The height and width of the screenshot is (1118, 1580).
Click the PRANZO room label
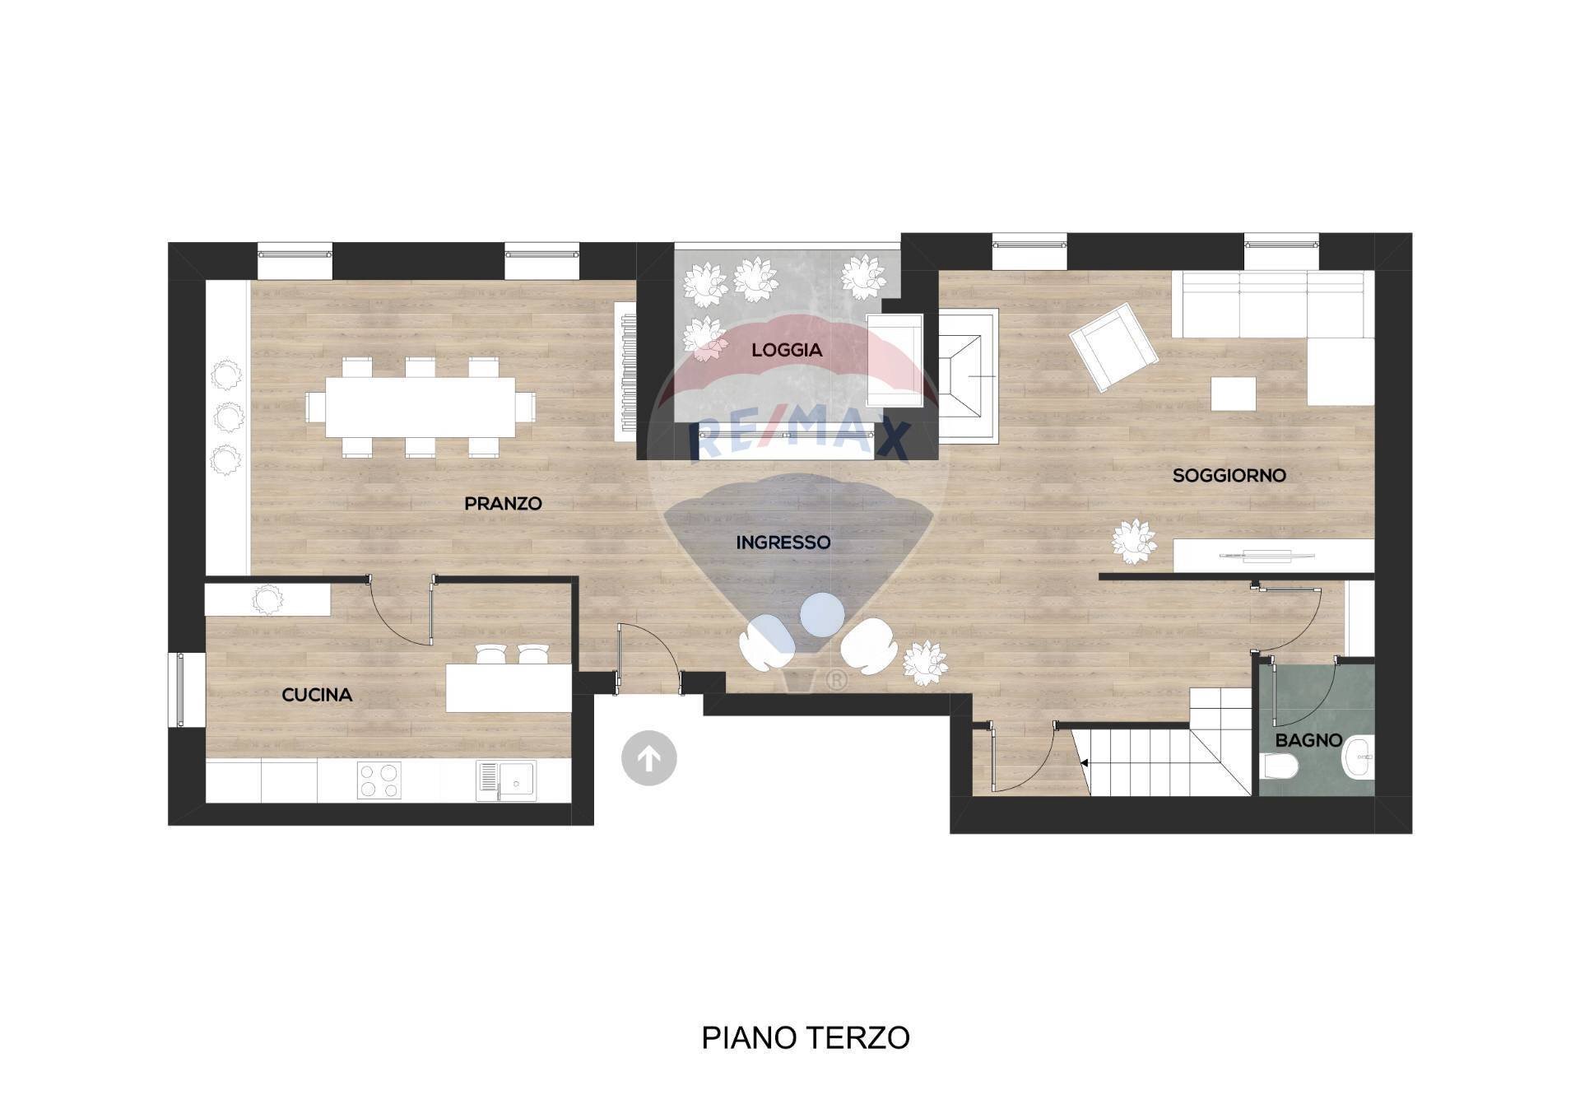tap(503, 503)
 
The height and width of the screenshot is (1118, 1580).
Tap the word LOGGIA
tap(787, 350)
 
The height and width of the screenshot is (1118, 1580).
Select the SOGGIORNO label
tap(1229, 475)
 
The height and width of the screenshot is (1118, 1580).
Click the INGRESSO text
tap(783, 543)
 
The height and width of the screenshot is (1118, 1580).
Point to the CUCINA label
tap(317, 695)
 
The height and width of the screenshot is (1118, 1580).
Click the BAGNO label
tap(1308, 740)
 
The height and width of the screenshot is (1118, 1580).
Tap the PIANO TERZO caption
tap(805, 1037)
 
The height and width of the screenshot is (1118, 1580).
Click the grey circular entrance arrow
tap(648, 757)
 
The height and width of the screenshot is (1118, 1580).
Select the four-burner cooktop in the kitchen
tap(379, 780)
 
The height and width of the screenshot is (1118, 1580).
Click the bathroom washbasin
tap(1358, 758)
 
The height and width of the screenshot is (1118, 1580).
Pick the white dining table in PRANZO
tap(420, 407)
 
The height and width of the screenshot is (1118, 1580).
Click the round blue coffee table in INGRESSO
tap(821, 614)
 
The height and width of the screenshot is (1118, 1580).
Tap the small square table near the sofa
tap(1233, 394)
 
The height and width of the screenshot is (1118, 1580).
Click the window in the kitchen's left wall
tap(176, 690)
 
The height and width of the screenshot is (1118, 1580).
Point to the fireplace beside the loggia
tap(969, 376)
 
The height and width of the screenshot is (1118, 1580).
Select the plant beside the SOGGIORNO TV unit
tap(1134, 541)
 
